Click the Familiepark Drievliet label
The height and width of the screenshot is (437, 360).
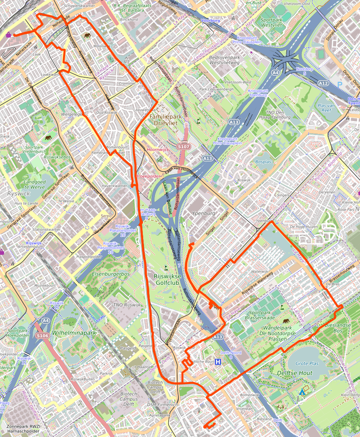164,120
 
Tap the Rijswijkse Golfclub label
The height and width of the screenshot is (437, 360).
166,280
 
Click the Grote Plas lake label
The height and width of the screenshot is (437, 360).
307,363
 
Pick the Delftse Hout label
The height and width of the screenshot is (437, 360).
295,373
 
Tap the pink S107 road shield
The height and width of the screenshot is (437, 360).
184,146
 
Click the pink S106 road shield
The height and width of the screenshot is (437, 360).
42,335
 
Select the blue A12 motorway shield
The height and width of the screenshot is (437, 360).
323,83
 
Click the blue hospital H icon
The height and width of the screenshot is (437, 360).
218,362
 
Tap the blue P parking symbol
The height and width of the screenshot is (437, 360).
340,84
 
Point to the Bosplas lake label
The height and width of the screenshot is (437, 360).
263,162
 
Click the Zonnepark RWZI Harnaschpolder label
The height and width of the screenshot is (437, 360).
23,429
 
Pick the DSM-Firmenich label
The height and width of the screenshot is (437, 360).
162,405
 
